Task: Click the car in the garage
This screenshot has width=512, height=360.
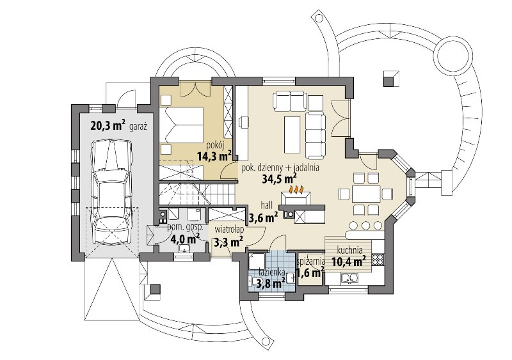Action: click(113, 192)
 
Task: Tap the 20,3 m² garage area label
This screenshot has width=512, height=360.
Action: click(108, 125)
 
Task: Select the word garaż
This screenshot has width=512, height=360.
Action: click(138, 127)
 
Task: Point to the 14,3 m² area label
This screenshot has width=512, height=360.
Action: click(214, 155)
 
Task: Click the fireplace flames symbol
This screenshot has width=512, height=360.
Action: click(296, 189)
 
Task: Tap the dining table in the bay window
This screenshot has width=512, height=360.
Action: click(365, 194)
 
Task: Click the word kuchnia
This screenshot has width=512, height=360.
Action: click(349, 250)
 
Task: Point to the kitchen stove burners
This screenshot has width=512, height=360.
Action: click(378, 260)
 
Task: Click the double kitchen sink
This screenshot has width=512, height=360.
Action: click(349, 278)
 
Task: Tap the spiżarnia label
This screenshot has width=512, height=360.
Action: click(311, 262)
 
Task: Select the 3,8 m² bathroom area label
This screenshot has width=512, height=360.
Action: click(269, 283)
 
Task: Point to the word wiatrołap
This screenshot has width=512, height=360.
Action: click(229, 229)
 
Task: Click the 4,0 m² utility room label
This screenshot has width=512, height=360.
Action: click(185, 239)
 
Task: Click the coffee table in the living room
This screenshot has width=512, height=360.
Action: click(292, 135)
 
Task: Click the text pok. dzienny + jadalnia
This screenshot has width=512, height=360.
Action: click(280, 168)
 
